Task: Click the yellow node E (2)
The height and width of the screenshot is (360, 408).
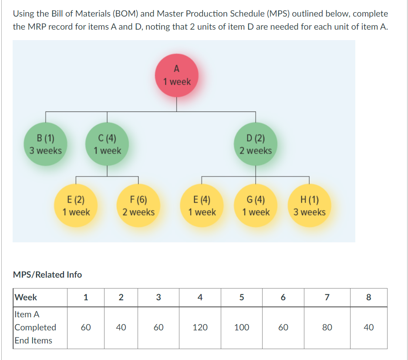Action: tap(76, 206)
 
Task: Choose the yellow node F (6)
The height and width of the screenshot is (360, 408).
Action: tap(138, 206)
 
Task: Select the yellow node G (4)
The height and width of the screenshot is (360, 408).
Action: tap(256, 206)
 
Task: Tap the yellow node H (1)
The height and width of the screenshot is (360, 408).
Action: tap(309, 206)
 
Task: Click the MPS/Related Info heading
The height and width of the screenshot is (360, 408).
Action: tap(47, 275)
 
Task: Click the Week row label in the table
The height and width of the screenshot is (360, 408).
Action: tap(26, 297)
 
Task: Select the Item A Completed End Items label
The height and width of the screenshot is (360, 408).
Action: tap(35, 327)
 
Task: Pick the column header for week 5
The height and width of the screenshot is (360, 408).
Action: tap(242, 297)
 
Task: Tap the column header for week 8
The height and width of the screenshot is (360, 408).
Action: tap(368, 297)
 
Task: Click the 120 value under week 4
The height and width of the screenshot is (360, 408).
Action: tap(200, 327)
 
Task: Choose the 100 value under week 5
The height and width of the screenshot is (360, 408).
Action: tap(242, 327)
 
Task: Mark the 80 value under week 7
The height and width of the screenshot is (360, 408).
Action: tap(327, 327)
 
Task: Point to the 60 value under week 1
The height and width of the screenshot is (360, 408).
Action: tap(86, 327)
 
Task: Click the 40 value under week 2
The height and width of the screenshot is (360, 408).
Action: tap(121, 327)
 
